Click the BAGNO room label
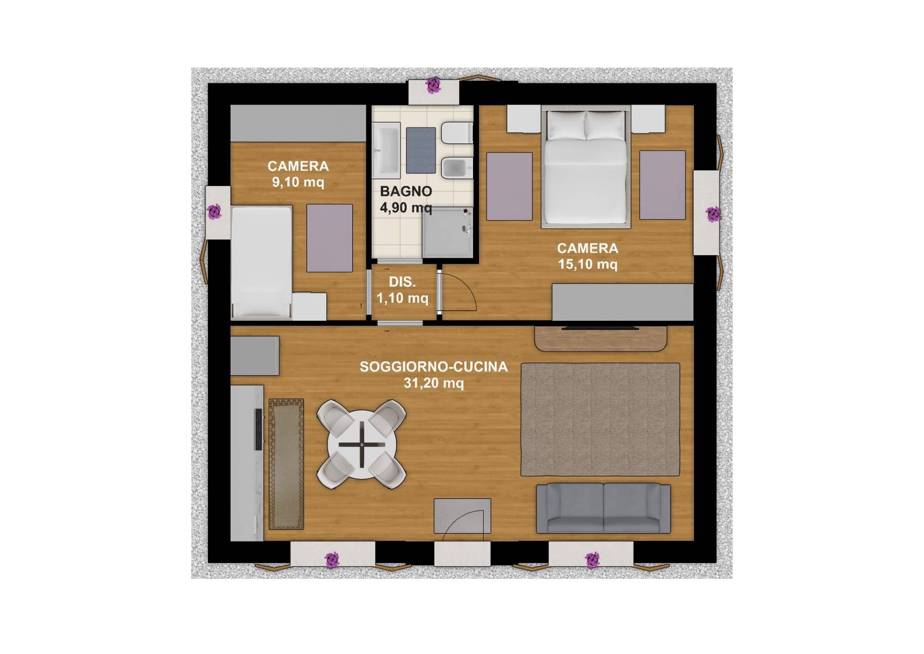[x=406, y=191]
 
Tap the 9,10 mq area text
[x=298, y=183]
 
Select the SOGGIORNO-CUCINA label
[x=434, y=367]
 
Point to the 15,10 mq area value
[x=588, y=264]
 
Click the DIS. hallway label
[x=402, y=282]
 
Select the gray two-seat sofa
[x=603, y=508]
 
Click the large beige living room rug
[x=600, y=419]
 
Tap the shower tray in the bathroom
[x=448, y=232]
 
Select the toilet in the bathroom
[x=457, y=132]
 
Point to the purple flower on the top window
[x=434, y=85]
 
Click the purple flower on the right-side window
[x=713, y=214]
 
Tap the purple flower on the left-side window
[x=214, y=211]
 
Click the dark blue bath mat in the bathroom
[x=421, y=150]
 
